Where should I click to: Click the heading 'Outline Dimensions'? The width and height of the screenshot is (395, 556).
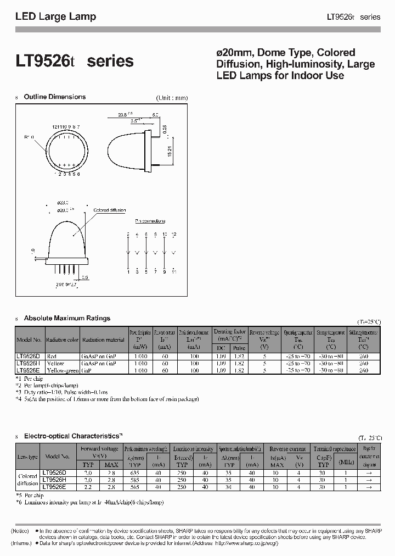[x=54, y=97]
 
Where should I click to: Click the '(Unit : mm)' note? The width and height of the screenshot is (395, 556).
[x=172, y=98]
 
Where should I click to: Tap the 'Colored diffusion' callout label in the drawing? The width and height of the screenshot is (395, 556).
[x=109, y=210]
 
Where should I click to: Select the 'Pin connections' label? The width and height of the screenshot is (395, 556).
[x=150, y=221]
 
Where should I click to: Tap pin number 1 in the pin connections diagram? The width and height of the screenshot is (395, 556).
[x=128, y=271]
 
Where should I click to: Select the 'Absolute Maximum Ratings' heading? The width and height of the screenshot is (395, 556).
[x=67, y=318]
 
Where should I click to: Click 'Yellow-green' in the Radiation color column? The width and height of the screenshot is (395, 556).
[x=63, y=370]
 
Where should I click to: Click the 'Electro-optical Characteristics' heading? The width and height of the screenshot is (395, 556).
[x=71, y=436]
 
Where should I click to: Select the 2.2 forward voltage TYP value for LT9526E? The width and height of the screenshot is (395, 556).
[x=87, y=486]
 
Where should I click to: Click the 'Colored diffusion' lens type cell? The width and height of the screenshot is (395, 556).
[x=28, y=480]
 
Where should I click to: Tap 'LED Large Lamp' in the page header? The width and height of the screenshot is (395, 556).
[x=55, y=16]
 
